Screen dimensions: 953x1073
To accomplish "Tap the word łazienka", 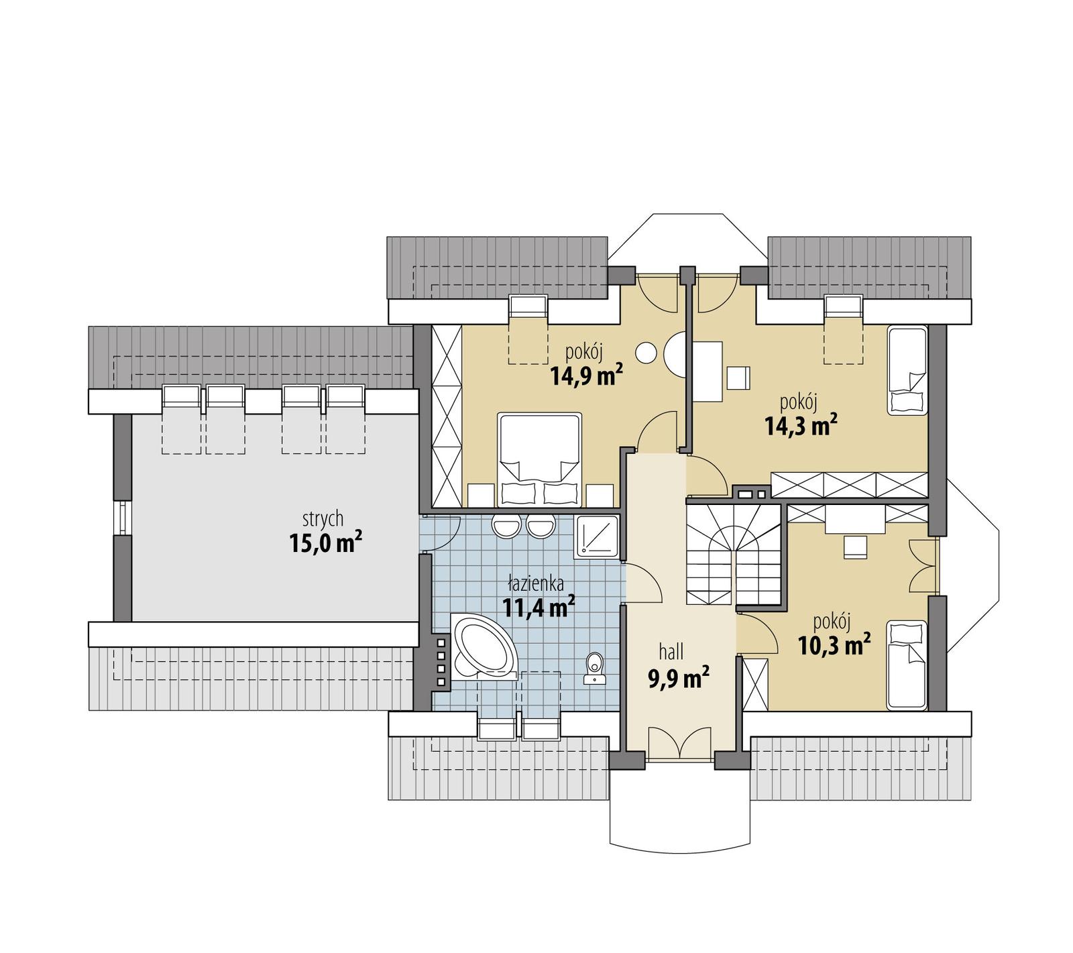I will click(x=535, y=583).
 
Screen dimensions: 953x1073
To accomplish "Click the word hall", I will click(x=671, y=651).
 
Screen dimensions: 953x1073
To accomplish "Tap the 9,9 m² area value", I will click(x=678, y=679).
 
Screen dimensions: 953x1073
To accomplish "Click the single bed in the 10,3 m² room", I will click(x=907, y=664).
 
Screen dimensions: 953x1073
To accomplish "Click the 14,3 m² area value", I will click(x=801, y=426).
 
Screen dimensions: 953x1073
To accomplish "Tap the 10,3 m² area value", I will click(x=834, y=644).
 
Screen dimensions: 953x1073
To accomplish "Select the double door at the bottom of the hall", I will click(x=680, y=744).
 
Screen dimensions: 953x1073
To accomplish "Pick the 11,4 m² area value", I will click(x=539, y=608).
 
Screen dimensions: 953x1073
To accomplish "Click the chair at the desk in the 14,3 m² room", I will click(x=738, y=378).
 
